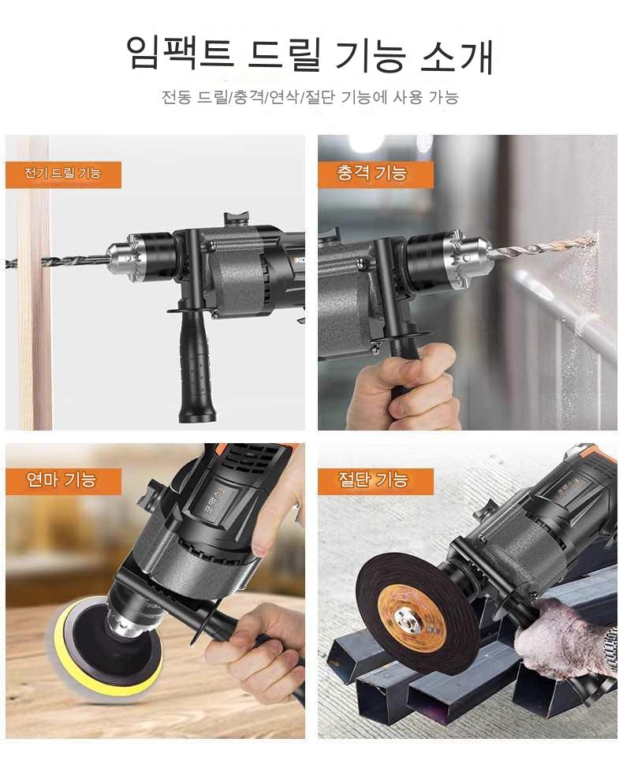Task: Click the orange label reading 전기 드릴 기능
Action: point(63,174)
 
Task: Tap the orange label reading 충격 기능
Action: point(375,174)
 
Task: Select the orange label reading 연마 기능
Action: point(63,481)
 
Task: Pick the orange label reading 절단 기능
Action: point(375,481)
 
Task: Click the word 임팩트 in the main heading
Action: point(180,52)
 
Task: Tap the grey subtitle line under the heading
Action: point(310,98)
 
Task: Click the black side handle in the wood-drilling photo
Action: point(197,367)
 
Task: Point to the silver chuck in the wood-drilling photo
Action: point(126,260)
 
